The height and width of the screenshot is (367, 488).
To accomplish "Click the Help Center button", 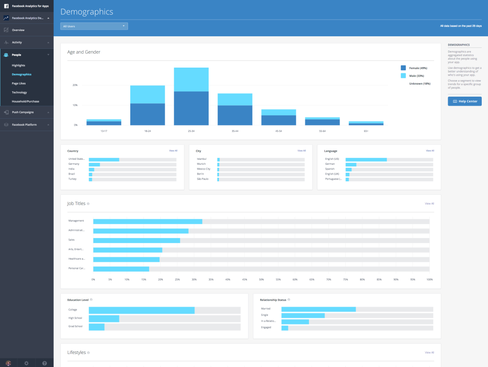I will click(x=465, y=101).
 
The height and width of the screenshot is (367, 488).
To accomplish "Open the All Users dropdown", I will click(x=94, y=26).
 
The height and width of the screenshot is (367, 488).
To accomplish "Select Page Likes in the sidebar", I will click(x=19, y=83).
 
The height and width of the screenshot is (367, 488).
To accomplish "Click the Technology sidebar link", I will click(x=19, y=92).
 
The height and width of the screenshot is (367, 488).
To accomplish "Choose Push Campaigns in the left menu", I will click(x=23, y=112).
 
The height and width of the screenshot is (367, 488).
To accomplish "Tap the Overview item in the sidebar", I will click(x=18, y=30).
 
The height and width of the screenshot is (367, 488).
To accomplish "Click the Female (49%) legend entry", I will click(x=418, y=68).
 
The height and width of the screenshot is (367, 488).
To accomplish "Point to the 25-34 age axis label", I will click(x=191, y=131).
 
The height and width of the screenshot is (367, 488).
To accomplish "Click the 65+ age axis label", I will click(x=366, y=131).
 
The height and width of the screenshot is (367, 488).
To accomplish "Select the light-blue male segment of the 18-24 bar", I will click(x=147, y=94).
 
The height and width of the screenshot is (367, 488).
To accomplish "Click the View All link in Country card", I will click(x=173, y=151).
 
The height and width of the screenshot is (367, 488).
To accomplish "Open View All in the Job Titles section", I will click(x=429, y=204).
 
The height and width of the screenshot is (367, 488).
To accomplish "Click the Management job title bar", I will click(x=148, y=221).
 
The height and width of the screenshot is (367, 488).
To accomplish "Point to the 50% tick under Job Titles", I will click(x=261, y=279).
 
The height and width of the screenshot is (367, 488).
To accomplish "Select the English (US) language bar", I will click(x=366, y=159).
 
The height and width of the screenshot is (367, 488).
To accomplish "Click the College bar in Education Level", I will click(x=141, y=310).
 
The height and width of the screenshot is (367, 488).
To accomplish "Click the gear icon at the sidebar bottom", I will click(x=26, y=363).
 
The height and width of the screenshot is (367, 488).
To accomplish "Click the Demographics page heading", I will click(x=87, y=12).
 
